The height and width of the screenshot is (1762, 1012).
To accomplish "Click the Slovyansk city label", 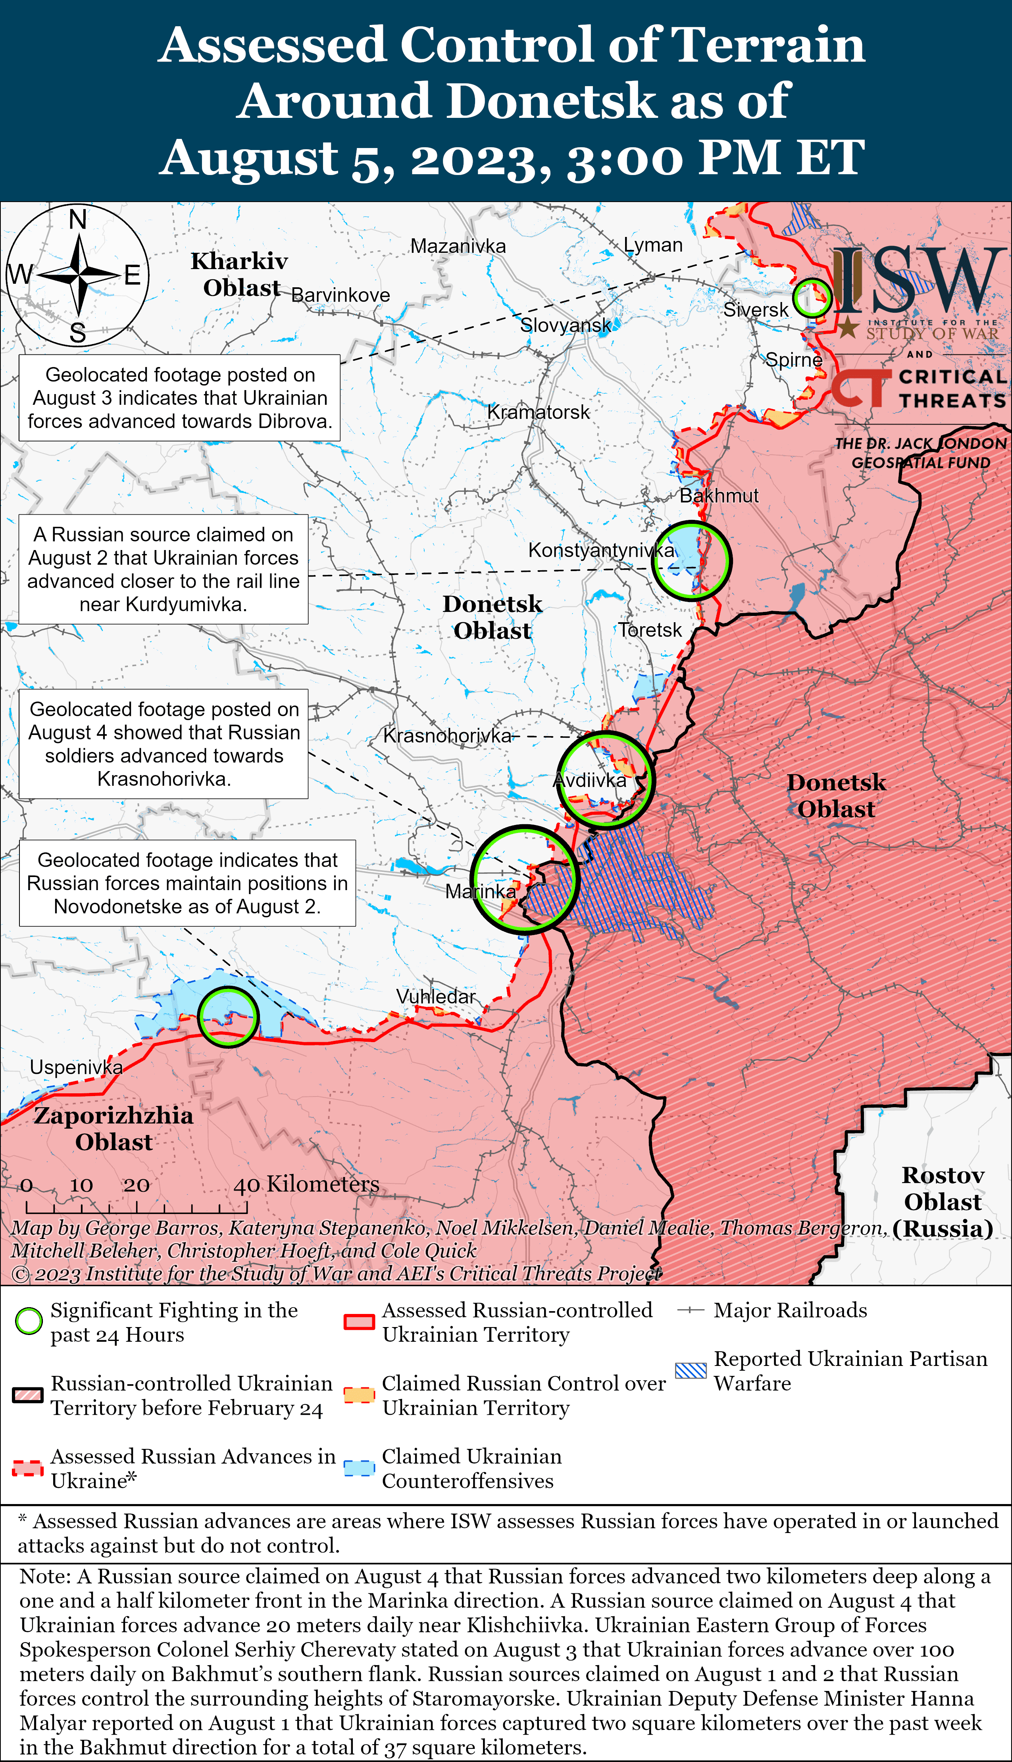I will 566,325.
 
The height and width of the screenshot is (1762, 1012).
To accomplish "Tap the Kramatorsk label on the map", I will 538,412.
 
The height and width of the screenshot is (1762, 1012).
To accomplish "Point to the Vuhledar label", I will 436,996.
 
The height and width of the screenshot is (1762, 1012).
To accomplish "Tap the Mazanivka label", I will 458,246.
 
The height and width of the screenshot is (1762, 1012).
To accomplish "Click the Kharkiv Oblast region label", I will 240,275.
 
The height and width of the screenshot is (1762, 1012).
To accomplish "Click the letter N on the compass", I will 78,219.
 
